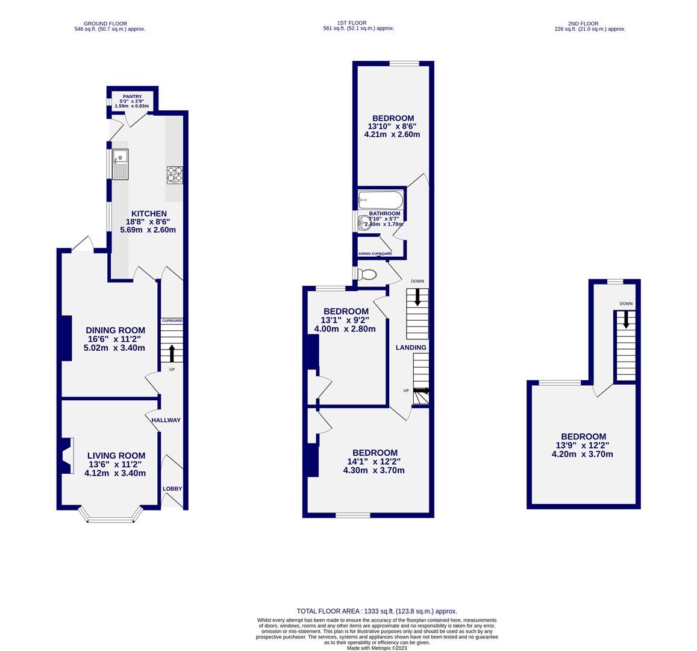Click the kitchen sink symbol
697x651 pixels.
point(120,164)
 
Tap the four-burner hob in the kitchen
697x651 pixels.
point(174,175)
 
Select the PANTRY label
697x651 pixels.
point(132,96)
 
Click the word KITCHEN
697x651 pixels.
point(149,213)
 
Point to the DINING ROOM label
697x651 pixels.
point(115,330)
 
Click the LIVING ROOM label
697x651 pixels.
point(116,456)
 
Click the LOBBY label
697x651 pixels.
point(172,489)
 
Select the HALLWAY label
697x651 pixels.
point(166,420)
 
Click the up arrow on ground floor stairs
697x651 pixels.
point(172,353)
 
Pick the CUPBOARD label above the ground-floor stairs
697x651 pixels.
point(172,321)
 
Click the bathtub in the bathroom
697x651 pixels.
point(380,199)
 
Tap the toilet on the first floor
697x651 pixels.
point(366,275)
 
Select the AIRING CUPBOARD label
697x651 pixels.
point(375,254)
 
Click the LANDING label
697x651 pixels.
point(411,347)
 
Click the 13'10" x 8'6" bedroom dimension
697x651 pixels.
point(392,126)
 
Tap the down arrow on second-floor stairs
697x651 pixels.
point(625,319)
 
